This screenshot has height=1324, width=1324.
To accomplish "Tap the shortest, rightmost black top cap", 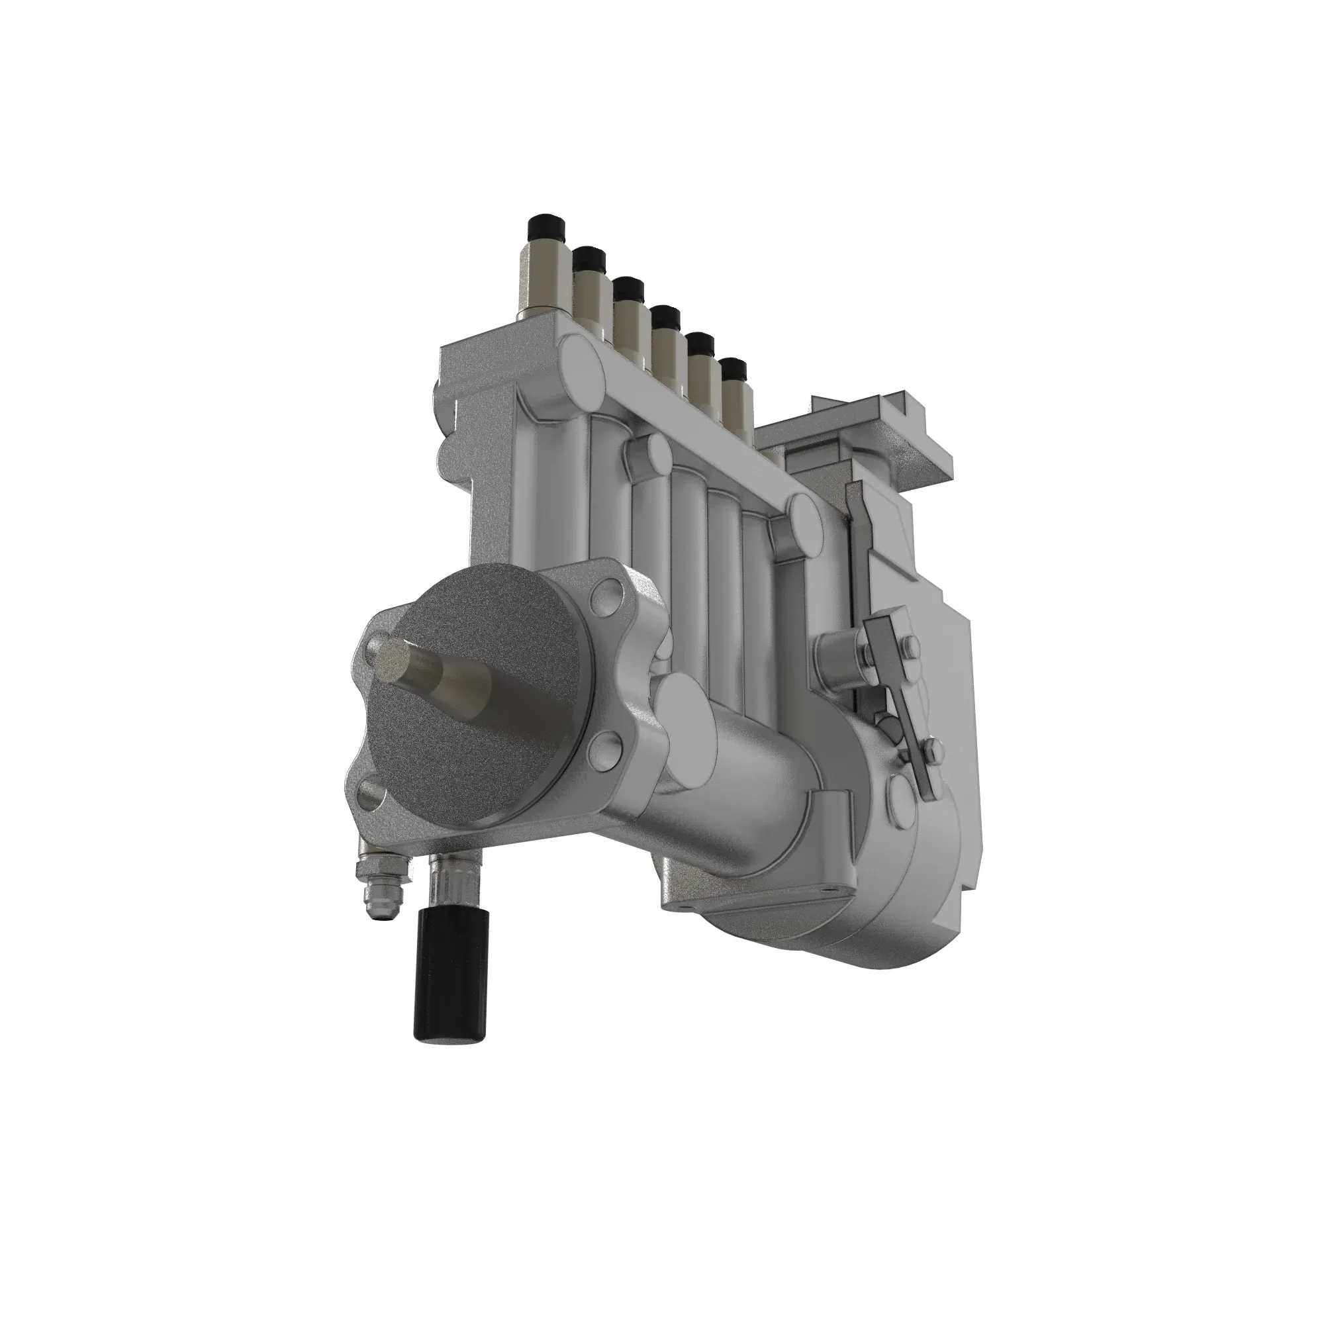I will pyautogui.click(x=734, y=371).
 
